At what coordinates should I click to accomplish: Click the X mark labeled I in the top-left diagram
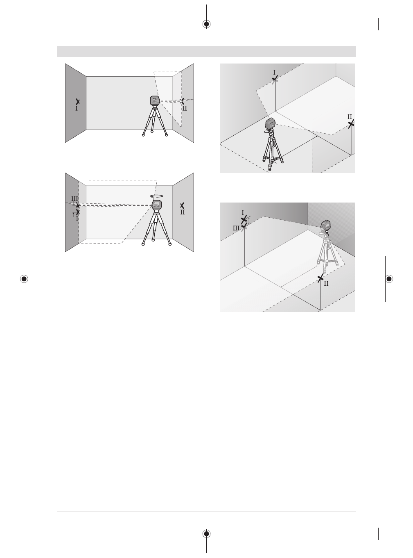[x=77, y=101]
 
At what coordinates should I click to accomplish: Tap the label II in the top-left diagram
[x=185, y=109]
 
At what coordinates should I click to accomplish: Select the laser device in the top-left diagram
[x=154, y=101]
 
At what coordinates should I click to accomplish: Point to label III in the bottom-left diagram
[x=74, y=198]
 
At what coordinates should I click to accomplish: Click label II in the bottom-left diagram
[x=182, y=212]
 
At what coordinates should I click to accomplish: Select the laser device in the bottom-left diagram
[x=156, y=205]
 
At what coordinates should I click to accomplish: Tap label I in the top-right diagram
[x=274, y=72]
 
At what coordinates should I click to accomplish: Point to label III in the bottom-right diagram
[x=237, y=228]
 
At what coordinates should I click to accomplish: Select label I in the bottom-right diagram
[x=243, y=213]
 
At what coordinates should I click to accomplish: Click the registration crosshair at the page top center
[x=207, y=24]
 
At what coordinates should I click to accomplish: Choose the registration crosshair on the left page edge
[x=24, y=279]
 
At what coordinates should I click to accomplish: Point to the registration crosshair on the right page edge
[x=388, y=279]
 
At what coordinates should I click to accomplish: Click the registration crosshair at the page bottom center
[x=207, y=534]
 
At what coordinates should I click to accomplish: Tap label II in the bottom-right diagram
[x=326, y=283]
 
